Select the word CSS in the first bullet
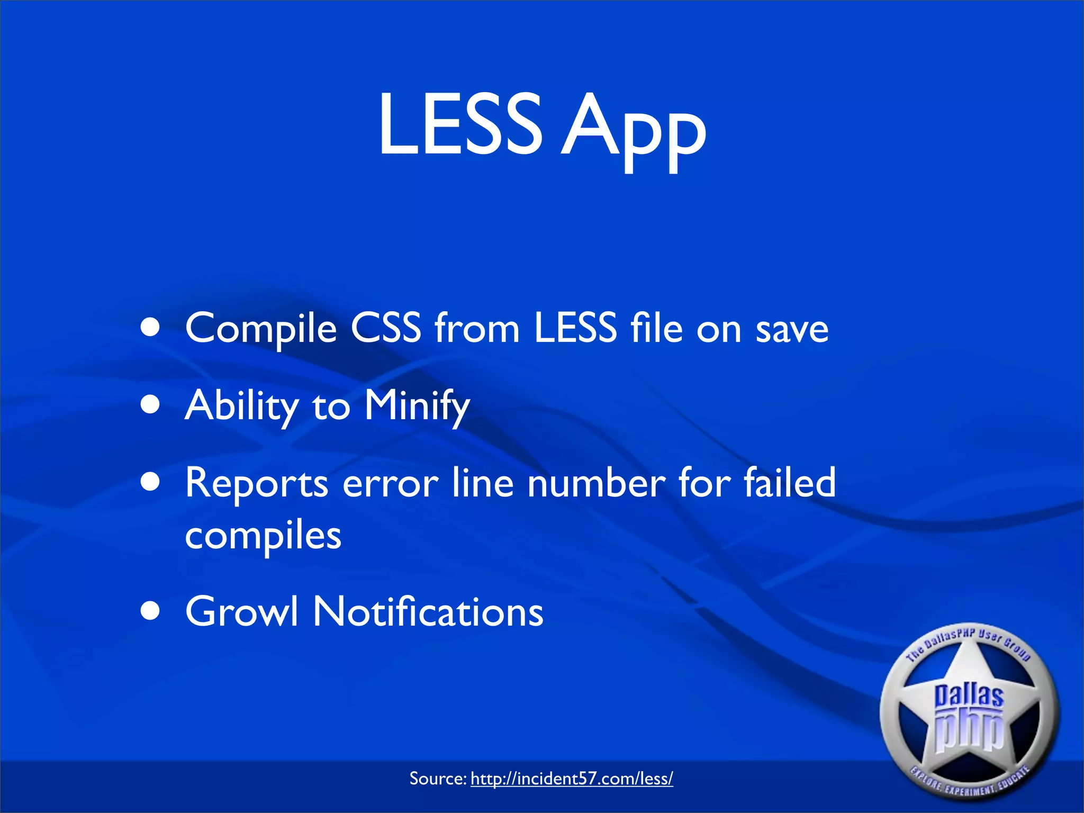(386, 328)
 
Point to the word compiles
(263, 536)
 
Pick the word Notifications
(428, 611)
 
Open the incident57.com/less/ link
(572, 779)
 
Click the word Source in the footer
(437, 779)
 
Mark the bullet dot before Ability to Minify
(151, 405)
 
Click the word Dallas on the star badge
(968, 695)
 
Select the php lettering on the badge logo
(969, 731)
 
